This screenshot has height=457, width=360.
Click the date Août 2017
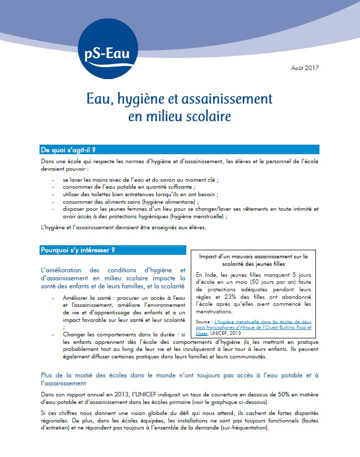304,68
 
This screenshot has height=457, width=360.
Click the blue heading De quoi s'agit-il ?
68,150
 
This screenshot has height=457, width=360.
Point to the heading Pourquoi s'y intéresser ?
78,250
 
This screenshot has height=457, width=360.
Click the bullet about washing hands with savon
140,179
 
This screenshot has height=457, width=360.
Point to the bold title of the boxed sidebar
253,260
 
